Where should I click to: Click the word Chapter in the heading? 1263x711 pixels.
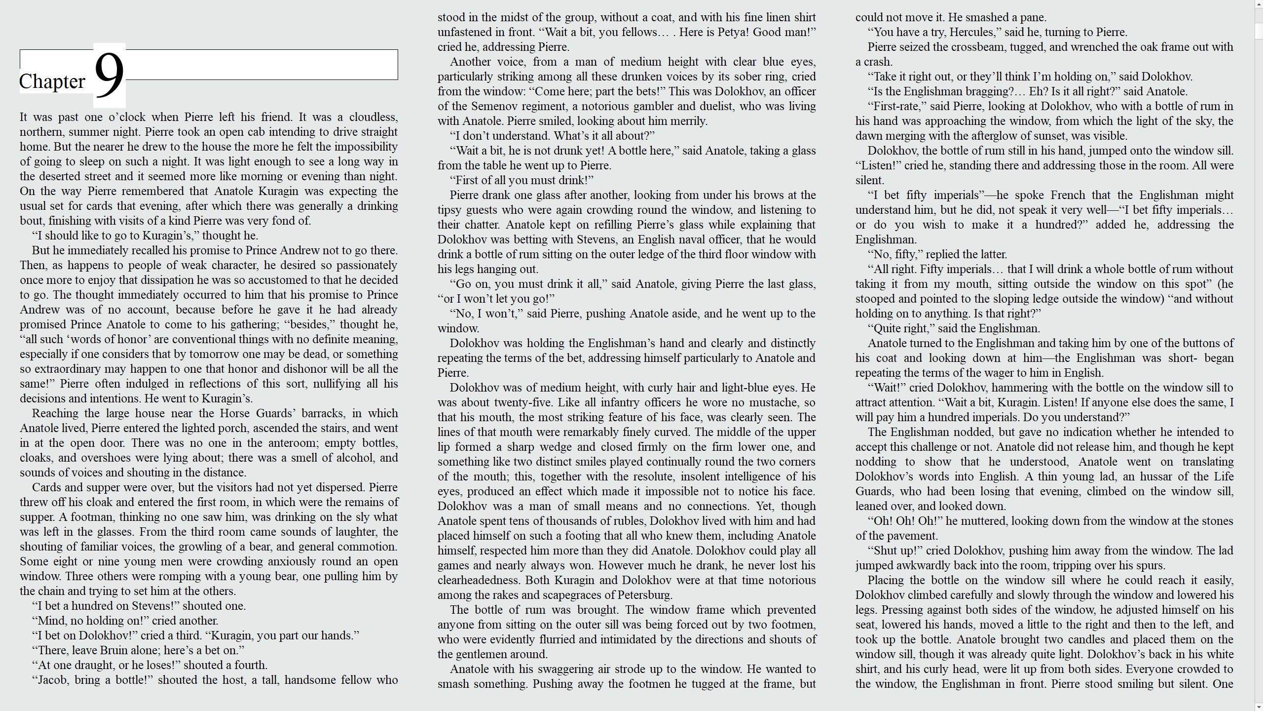coord(52,81)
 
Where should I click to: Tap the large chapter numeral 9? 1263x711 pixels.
coord(109,75)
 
